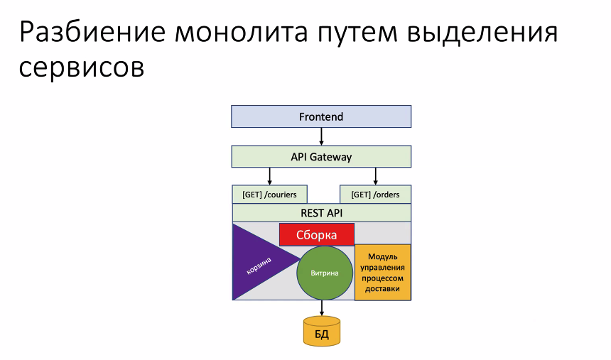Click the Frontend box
click(x=321, y=116)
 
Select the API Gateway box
click(x=321, y=156)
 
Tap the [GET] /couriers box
click(x=269, y=195)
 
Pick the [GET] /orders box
click(x=375, y=195)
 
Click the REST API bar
click(x=321, y=213)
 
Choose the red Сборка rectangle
click(x=316, y=235)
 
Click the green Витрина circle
click(x=325, y=273)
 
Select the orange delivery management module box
click(x=383, y=273)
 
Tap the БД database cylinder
click(x=322, y=332)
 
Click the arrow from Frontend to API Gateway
click(x=321, y=136)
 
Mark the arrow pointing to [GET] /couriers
click(x=269, y=175)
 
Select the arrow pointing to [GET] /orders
click(x=375, y=175)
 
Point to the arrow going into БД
click(x=322, y=308)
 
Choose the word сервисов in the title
click(x=82, y=68)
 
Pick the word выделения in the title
click(x=477, y=33)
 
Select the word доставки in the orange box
click(x=383, y=289)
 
